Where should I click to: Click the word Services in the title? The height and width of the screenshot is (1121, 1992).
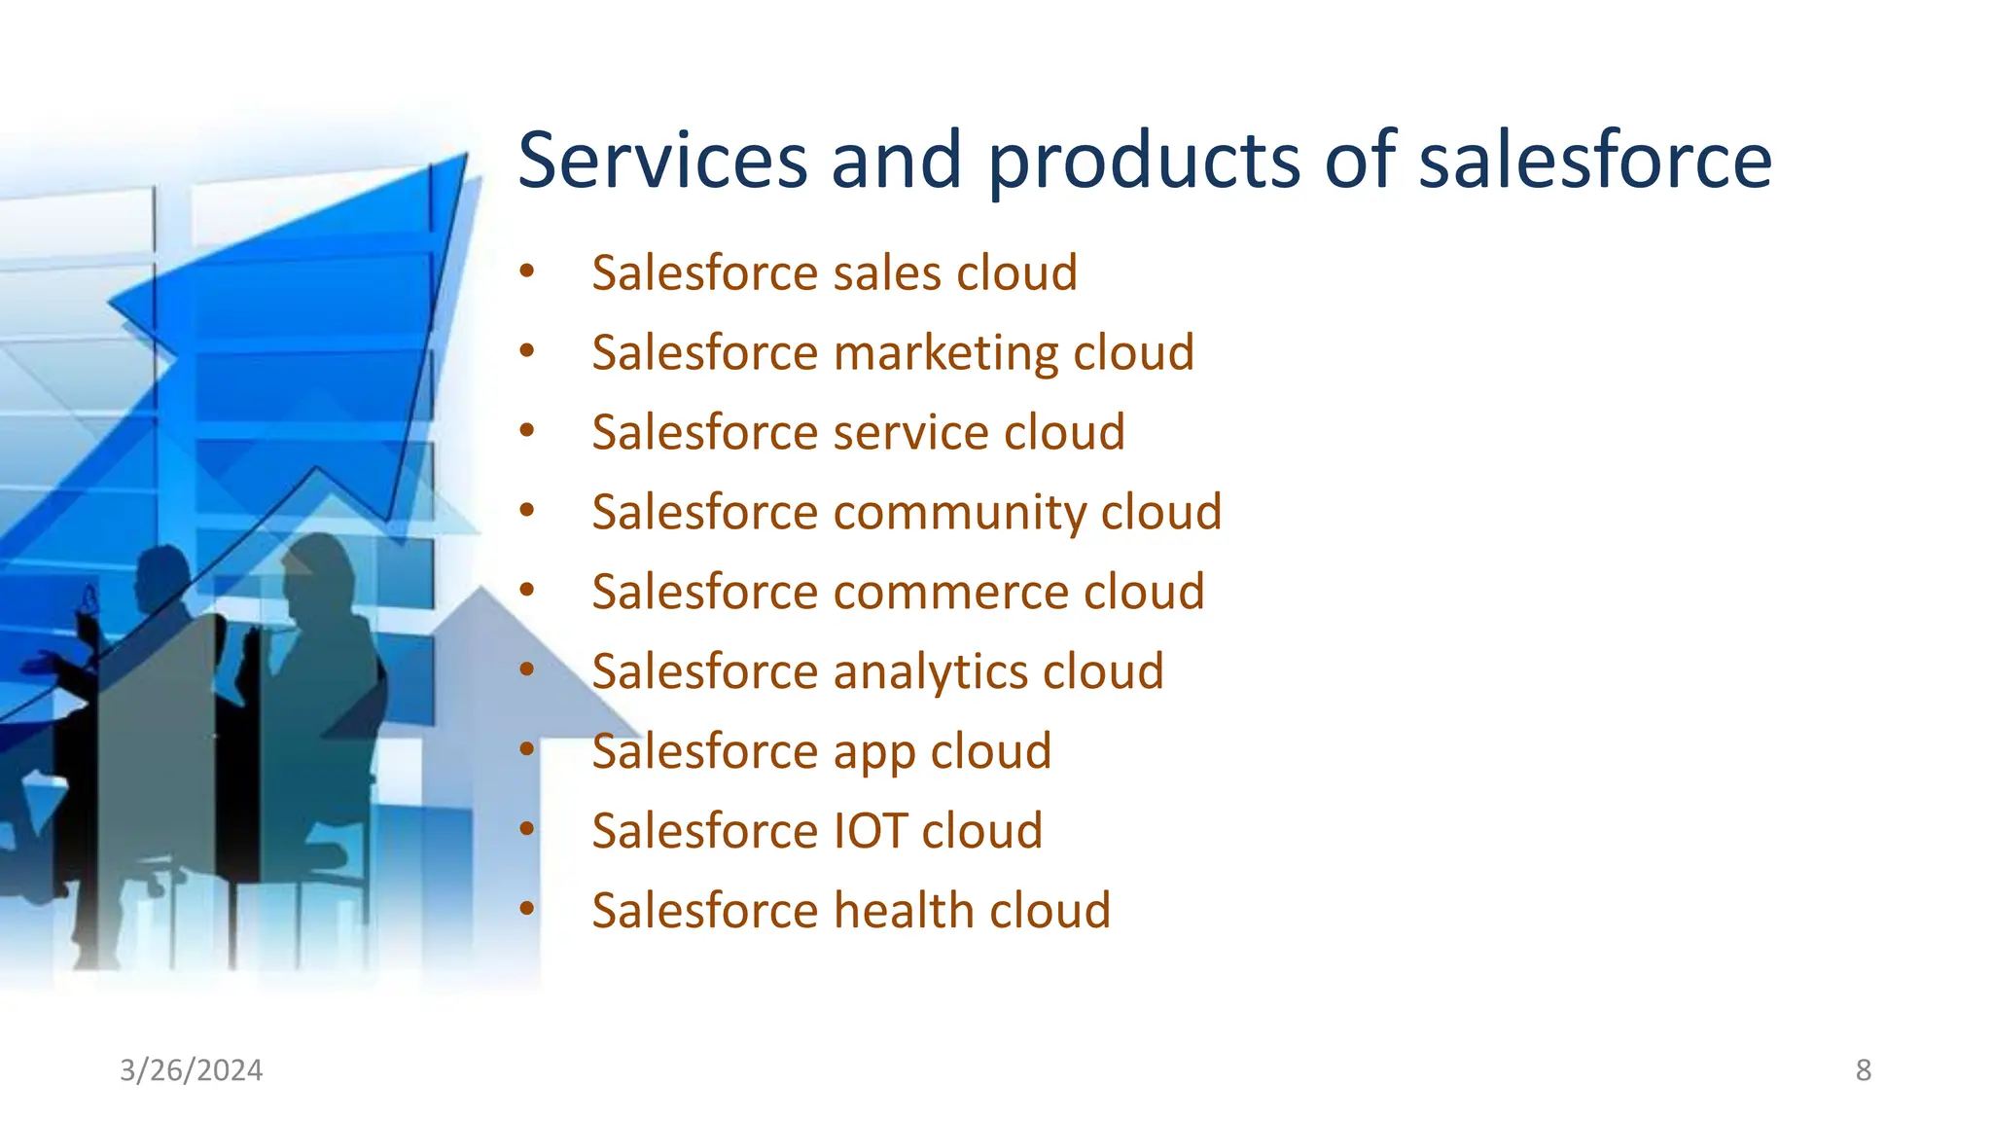point(662,161)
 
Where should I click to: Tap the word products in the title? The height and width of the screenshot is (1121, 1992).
point(1144,161)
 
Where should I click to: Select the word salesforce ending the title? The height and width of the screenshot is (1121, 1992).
point(1595,161)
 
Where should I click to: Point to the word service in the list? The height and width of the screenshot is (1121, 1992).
point(910,432)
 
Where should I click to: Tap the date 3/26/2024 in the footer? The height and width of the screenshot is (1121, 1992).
point(191,1070)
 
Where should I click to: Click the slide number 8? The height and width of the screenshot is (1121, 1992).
point(1863,1070)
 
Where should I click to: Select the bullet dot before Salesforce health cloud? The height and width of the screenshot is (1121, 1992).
point(526,910)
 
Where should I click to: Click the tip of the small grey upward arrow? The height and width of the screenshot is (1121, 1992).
point(480,590)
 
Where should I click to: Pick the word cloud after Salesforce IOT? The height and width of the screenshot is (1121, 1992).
point(981,831)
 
